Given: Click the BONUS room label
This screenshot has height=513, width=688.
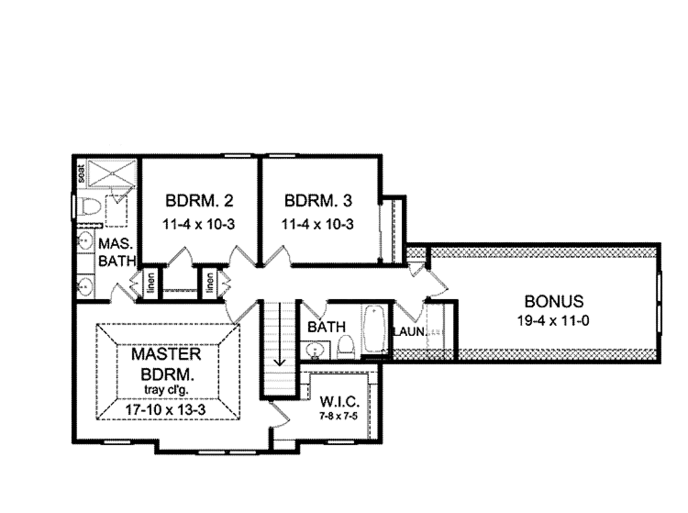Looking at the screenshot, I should [554, 301].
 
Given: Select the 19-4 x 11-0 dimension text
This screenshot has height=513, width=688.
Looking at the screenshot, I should [554, 321].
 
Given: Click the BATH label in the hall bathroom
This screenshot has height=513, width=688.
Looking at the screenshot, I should [326, 327].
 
